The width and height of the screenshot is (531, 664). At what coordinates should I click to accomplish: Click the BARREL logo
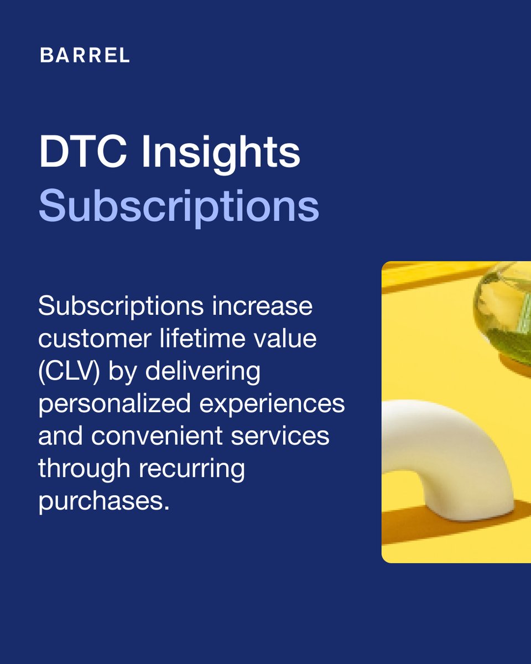click(85, 55)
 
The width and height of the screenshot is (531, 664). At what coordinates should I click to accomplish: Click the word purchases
click(103, 501)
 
